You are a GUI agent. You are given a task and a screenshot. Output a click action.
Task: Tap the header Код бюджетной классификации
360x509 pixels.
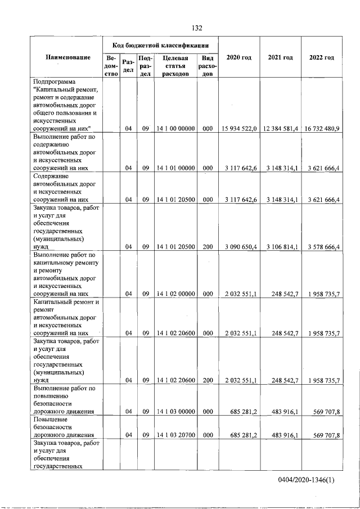pyautogui.click(x=161, y=45)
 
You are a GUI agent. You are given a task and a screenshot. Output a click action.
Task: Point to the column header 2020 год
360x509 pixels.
pyautogui.click(x=238, y=58)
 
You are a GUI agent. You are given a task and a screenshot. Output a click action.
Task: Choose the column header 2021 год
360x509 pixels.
pyautogui.click(x=280, y=58)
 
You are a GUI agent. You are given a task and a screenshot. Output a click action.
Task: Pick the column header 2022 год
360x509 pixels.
pyautogui.click(x=321, y=58)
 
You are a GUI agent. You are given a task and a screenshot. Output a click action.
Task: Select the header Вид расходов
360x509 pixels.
pyautogui.click(x=207, y=66)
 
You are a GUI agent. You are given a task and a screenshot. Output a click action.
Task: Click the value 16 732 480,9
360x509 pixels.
pyautogui.click(x=321, y=129)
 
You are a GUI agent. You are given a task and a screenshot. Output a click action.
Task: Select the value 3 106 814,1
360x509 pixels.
pyautogui.click(x=281, y=247)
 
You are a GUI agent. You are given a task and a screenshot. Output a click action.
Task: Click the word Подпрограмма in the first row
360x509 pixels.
pyautogui.click(x=55, y=82)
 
